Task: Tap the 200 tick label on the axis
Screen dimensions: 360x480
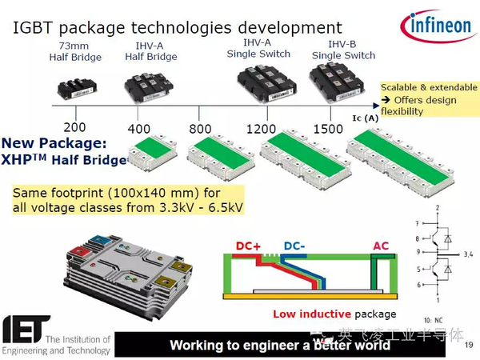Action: tap(74, 127)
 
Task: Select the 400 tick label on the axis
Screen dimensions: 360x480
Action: tap(138, 129)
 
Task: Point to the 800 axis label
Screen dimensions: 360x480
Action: tap(200, 129)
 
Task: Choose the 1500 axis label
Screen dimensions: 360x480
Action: tap(328, 129)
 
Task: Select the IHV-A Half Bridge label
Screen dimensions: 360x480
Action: tap(151, 52)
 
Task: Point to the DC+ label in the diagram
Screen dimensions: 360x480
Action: tap(250, 245)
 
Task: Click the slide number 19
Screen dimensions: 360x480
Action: tap(468, 345)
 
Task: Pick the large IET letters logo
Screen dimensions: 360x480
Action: tap(26, 328)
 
